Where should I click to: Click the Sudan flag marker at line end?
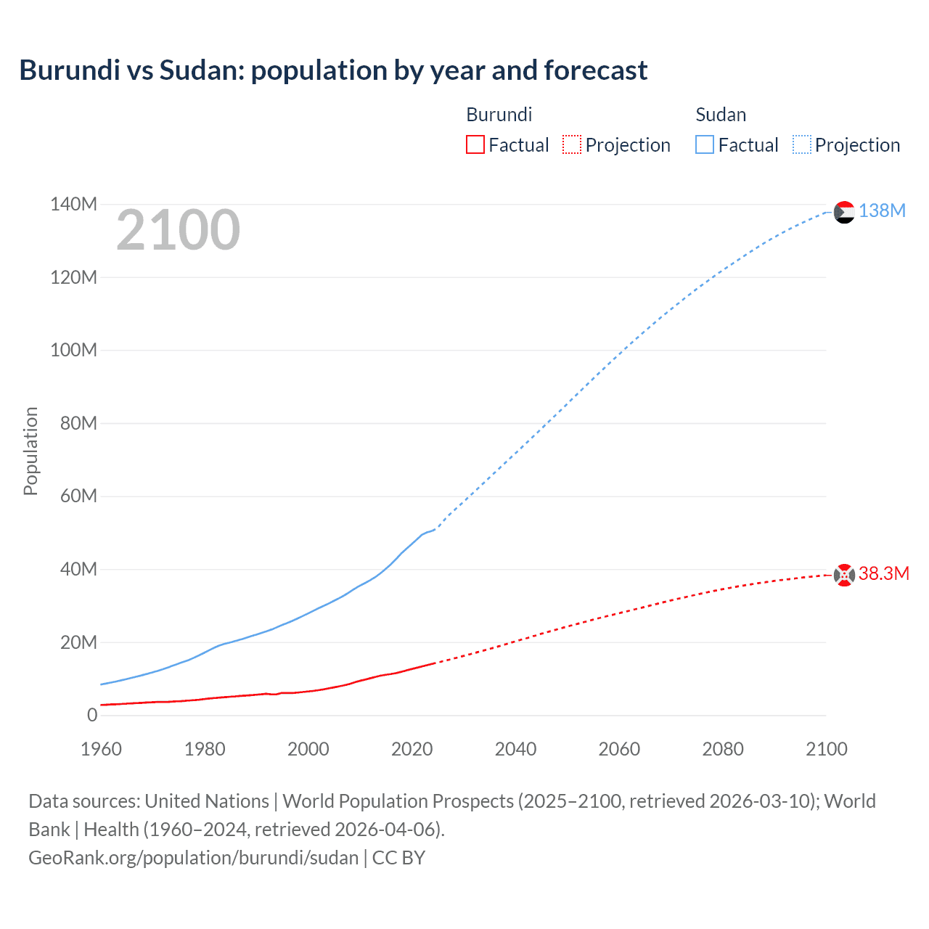pos(844,212)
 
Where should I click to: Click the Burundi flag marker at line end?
pos(844,575)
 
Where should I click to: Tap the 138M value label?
pos(882,210)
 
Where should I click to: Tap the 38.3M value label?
pos(884,573)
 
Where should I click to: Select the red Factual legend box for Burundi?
pos(475,144)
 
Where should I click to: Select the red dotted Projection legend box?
pos(572,144)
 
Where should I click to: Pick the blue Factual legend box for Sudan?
pos(704,144)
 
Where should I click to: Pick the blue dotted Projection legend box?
pos(801,144)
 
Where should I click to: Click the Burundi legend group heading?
pos(499,115)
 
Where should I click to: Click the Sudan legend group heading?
pos(721,115)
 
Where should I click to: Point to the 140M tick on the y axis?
pos(73,205)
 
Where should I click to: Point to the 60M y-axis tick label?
pos(78,496)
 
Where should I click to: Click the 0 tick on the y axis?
pos(91,715)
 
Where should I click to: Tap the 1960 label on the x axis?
pos(101,749)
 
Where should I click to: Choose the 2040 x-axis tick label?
pos(515,749)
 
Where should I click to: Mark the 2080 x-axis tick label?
pos(723,749)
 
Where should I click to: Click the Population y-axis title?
pos(30,451)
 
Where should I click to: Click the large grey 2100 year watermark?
pos(178,230)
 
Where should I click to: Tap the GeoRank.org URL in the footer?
pos(193,858)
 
